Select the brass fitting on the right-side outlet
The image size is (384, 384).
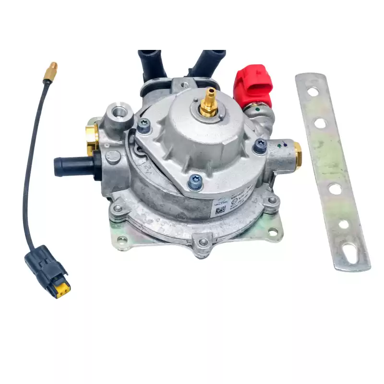click(x=297, y=155)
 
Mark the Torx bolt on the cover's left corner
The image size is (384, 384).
click(x=143, y=125)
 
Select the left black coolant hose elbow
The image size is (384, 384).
click(x=151, y=65)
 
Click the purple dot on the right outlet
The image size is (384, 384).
click(x=287, y=143)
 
